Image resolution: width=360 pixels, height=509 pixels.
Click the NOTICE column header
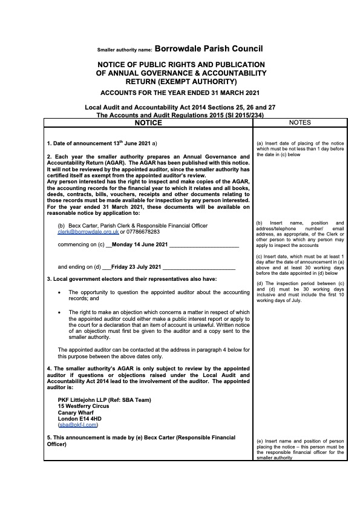coord(148,123)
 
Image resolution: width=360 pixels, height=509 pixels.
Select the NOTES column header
coord(301,123)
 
